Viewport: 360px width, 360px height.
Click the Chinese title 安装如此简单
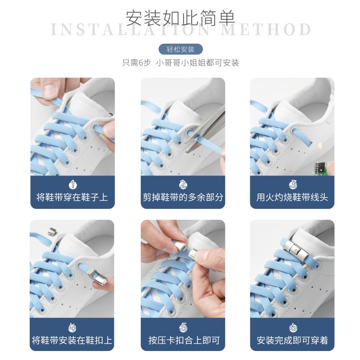[180, 18]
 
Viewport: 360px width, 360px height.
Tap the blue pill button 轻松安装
[181, 49]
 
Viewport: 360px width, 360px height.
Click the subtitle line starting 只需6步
[181, 63]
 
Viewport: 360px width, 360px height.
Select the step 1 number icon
[72, 184]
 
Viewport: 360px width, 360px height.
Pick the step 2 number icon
[183, 184]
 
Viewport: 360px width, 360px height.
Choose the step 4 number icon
[72, 328]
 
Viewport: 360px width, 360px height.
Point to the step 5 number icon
[183, 328]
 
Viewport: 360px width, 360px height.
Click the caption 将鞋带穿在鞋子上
[72, 197]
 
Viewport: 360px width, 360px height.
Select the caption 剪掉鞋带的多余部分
[183, 197]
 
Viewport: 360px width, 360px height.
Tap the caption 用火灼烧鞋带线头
[292, 197]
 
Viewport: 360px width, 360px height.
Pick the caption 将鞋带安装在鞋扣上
[72, 340]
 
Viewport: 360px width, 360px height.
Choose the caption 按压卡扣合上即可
[184, 340]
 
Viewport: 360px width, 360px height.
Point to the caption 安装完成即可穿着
[292, 340]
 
